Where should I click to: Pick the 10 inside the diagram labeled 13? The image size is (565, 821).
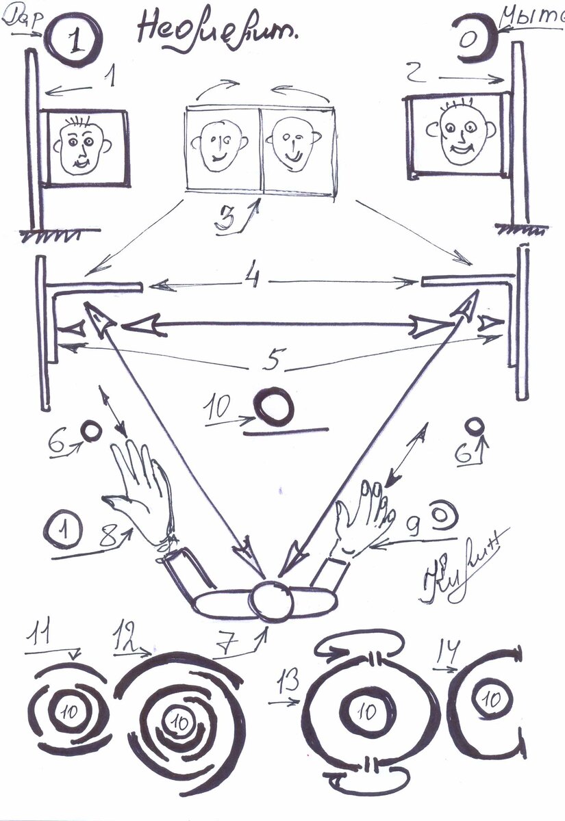(x=368, y=712)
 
